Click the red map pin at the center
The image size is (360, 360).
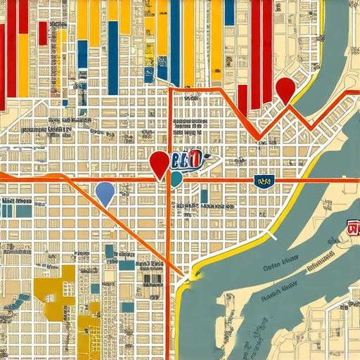pyautogui.click(x=160, y=164)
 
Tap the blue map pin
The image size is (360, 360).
pyautogui.click(x=105, y=191)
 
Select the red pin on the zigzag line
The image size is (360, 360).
pyautogui.click(x=284, y=89)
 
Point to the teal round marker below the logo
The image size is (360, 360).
pyautogui.click(x=176, y=179)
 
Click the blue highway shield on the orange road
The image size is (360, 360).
pyautogui.click(x=264, y=181)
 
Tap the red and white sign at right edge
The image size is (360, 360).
pyautogui.click(x=353, y=226)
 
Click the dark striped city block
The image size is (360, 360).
pyautogui.click(x=151, y=277)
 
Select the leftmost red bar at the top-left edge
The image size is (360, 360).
pyautogui.click(x=2, y=56)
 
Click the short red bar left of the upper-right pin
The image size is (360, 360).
pyautogui.click(x=242, y=99)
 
